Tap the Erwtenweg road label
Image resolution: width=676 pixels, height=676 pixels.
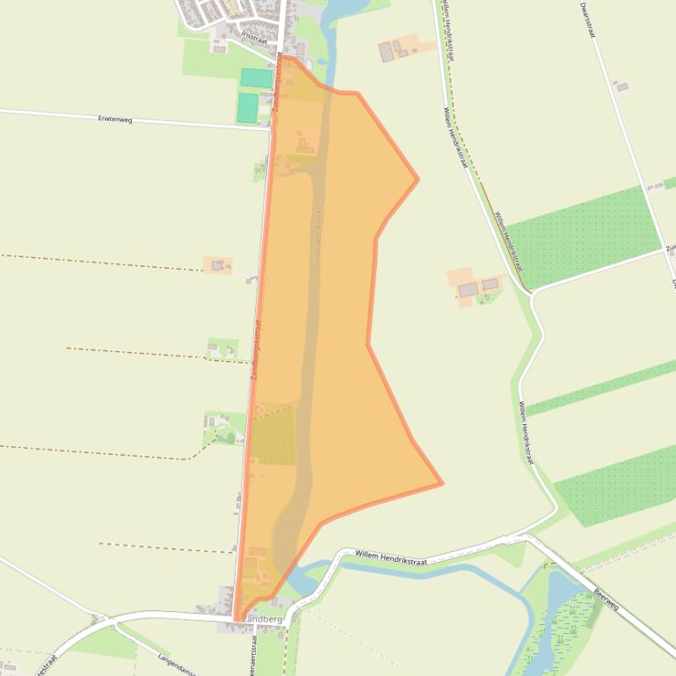[115, 119]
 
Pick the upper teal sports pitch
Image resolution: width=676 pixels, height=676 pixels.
[256, 78]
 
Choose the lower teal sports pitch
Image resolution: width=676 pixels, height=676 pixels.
[247, 107]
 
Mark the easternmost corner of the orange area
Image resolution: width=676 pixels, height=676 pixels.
[441, 483]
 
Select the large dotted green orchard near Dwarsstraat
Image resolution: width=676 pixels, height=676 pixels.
[585, 235]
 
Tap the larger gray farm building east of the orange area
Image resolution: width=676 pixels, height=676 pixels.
[469, 289]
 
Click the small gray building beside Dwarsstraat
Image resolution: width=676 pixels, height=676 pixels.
[621, 87]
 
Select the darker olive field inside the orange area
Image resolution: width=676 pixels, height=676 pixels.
[274, 436]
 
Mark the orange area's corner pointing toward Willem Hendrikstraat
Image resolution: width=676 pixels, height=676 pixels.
[417, 179]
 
